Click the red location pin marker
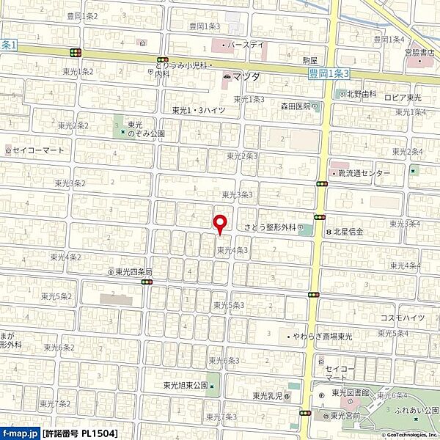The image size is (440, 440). [218, 223]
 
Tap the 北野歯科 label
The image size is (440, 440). [362, 94]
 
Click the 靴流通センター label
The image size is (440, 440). [364, 174]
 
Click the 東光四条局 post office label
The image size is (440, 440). [133, 271]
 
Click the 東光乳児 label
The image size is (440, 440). [268, 396]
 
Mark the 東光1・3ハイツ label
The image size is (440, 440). [199, 110]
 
